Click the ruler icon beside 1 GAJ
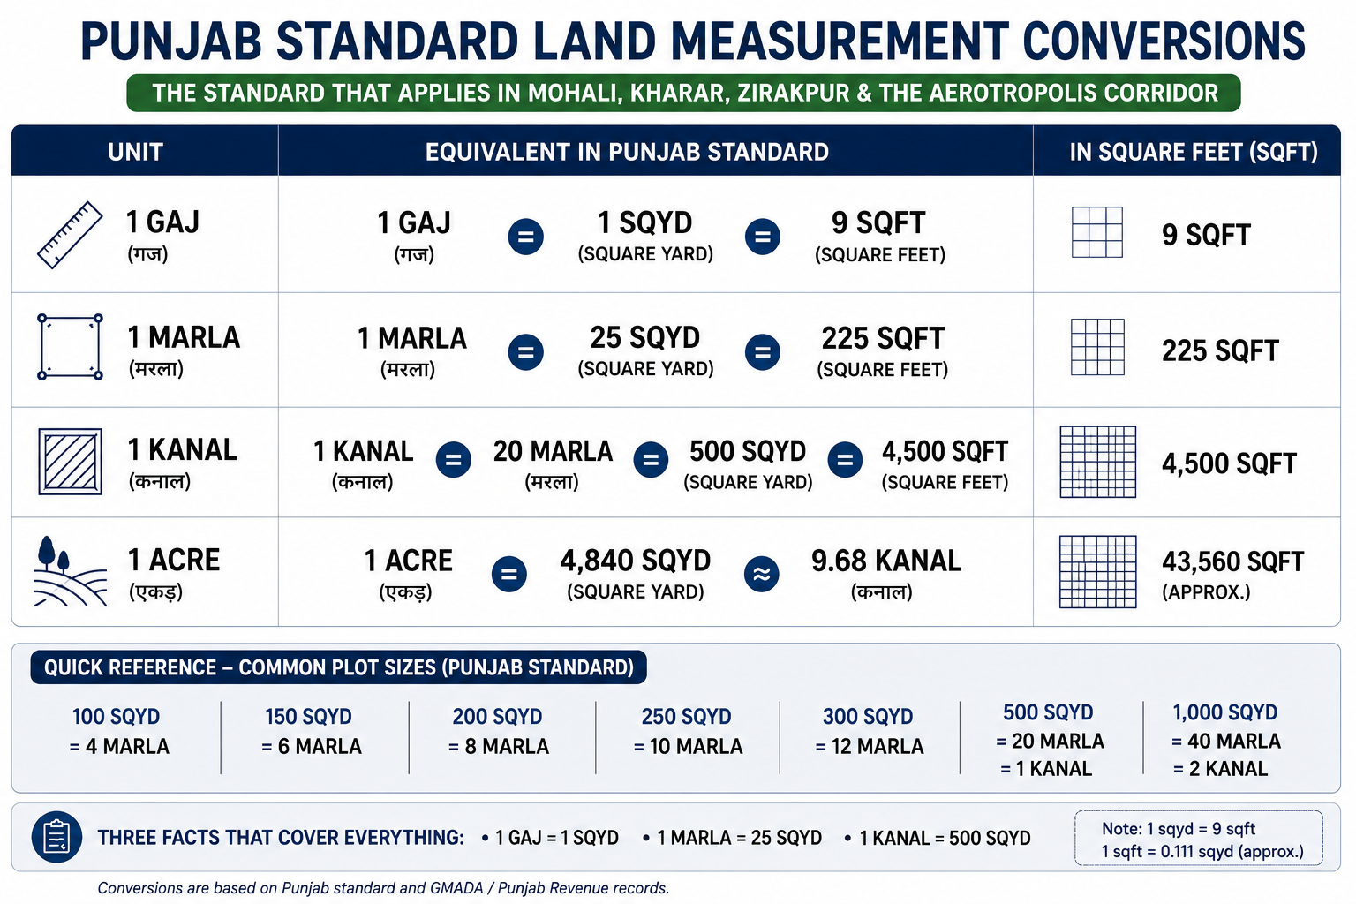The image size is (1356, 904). pyautogui.click(x=71, y=235)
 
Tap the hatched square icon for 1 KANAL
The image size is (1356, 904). pyautogui.click(x=71, y=462)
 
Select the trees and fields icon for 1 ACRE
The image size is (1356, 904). pyautogui.click(x=71, y=571)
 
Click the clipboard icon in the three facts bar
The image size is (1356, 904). pyautogui.click(x=56, y=838)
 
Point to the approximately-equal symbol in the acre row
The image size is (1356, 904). pyautogui.click(x=762, y=574)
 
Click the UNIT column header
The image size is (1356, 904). pyautogui.click(x=136, y=152)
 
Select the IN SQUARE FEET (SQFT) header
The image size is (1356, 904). pyautogui.click(x=1194, y=152)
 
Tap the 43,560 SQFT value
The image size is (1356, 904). pyautogui.click(x=1232, y=561)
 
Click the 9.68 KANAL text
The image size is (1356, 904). pyautogui.click(x=886, y=561)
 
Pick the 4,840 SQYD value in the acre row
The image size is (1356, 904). pyautogui.click(x=635, y=561)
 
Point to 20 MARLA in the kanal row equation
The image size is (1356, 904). pyautogui.click(x=553, y=452)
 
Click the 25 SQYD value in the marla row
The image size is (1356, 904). pyautogui.click(x=645, y=338)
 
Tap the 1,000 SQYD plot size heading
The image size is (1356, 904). pyautogui.click(x=1225, y=712)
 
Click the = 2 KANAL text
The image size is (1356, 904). pyautogui.click(x=1220, y=769)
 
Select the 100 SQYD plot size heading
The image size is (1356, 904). pyautogui.click(x=116, y=717)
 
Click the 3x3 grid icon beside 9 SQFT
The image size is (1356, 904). pyautogui.click(x=1097, y=232)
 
